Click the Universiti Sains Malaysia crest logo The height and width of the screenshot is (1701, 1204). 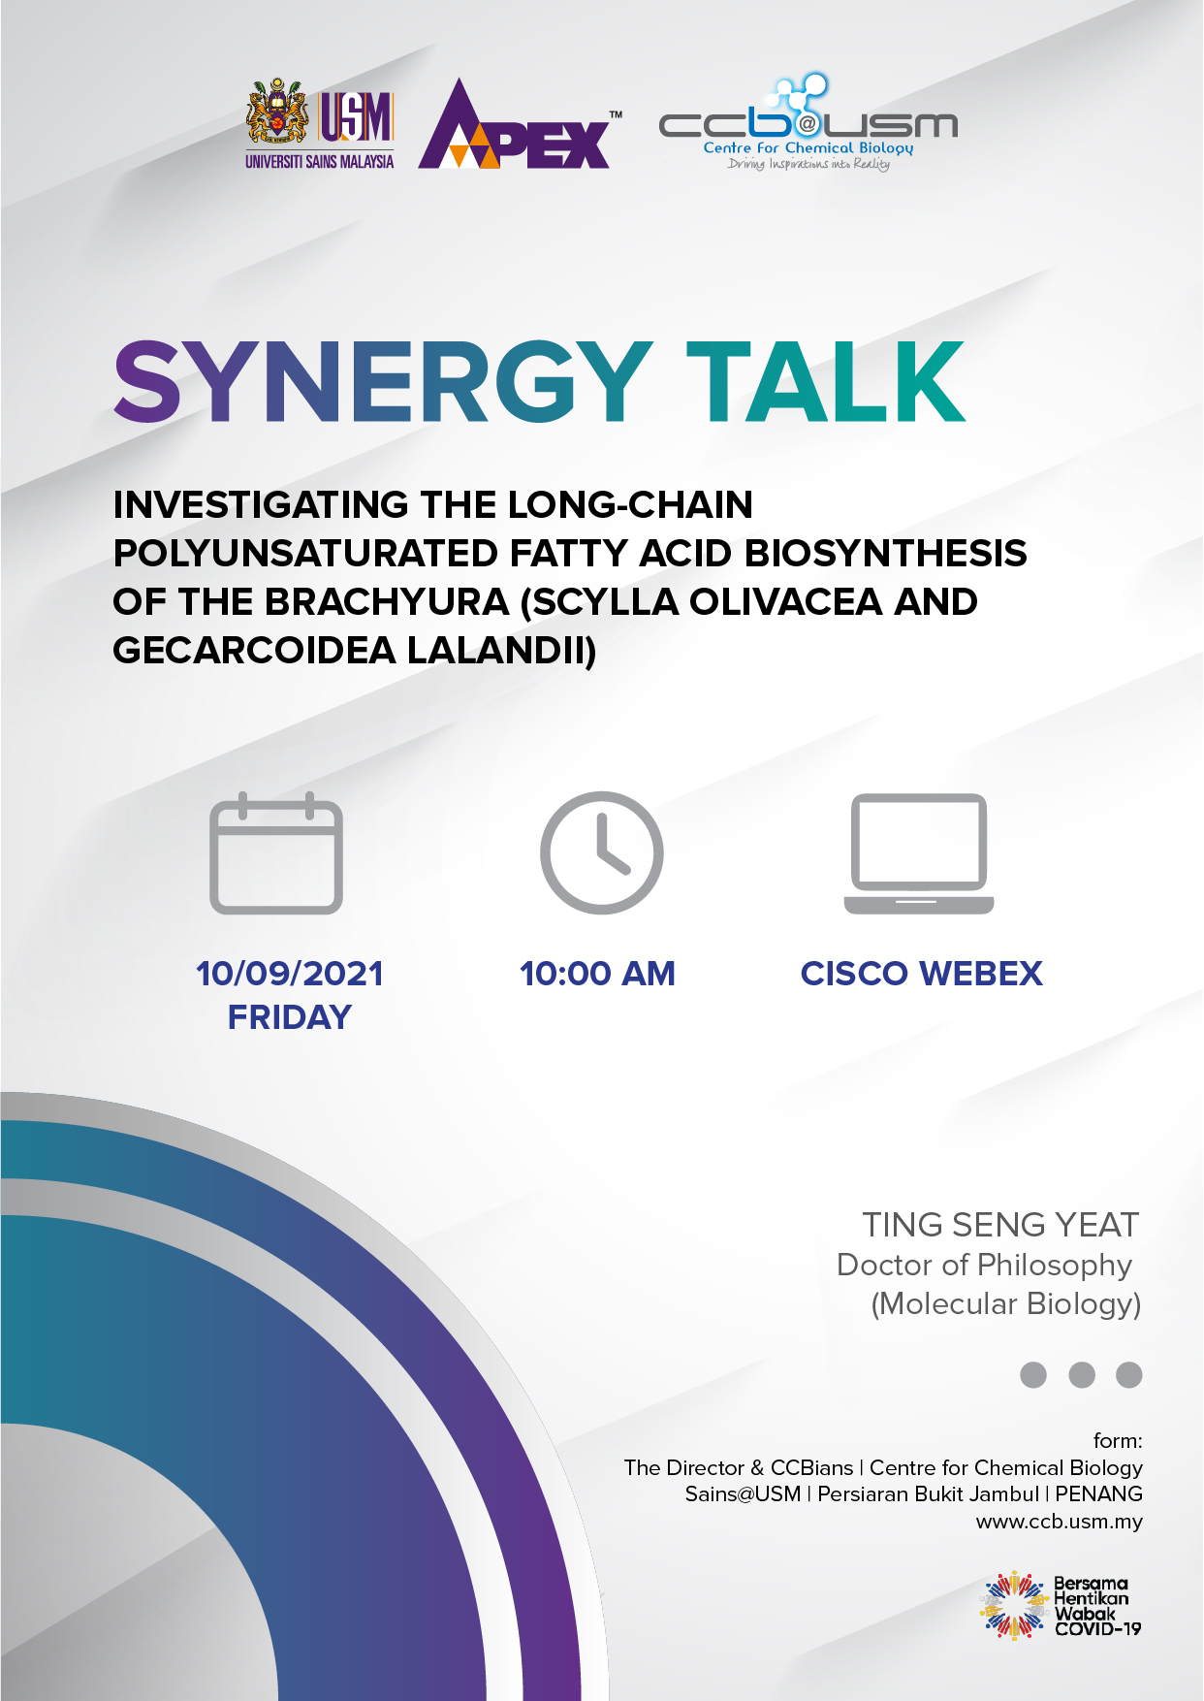[320, 124]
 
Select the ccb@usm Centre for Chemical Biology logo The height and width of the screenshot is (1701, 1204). [808, 123]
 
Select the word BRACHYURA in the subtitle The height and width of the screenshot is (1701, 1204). [387, 601]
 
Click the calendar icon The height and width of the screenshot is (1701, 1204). [276, 853]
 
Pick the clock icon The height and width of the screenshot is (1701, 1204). [602, 852]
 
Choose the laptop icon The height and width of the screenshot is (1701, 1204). [919, 853]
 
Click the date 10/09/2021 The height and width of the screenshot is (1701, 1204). [290, 974]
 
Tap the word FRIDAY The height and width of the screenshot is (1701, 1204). [290, 1017]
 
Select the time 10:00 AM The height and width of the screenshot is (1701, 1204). [597, 974]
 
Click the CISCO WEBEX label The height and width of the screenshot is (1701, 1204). [922, 974]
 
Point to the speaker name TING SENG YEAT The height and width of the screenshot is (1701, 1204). [1000, 1225]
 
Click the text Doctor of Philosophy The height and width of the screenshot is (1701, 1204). [984, 1265]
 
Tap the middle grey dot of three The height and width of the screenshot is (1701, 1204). [1082, 1375]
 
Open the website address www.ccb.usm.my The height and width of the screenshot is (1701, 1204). [1060, 1522]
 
